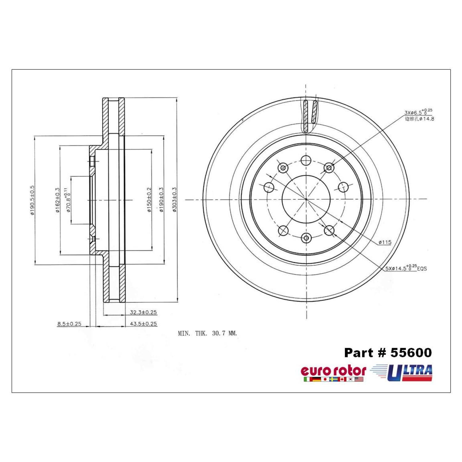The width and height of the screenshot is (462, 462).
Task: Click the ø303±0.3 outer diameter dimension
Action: pyautogui.click(x=174, y=200)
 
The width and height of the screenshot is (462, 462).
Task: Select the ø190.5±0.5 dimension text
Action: pyautogui.click(x=32, y=200)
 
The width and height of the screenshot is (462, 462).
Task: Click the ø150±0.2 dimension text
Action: pyautogui.click(x=149, y=200)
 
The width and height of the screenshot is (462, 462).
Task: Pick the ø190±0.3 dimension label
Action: pyautogui.click(x=161, y=200)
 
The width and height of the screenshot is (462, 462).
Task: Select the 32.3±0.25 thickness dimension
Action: pyautogui.click(x=143, y=312)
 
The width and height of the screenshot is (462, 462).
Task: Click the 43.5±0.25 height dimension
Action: pyautogui.click(x=143, y=324)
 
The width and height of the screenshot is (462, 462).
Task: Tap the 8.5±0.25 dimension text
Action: pyautogui.click(x=69, y=324)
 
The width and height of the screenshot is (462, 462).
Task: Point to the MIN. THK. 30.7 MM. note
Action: pyautogui.click(x=208, y=333)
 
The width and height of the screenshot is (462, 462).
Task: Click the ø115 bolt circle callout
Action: pyautogui.click(x=385, y=242)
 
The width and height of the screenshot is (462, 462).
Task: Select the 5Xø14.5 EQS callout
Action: pyautogui.click(x=406, y=268)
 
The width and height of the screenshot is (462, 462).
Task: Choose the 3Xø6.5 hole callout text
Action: pyautogui.click(x=419, y=113)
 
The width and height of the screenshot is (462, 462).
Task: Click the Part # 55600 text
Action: pyautogui.click(x=388, y=353)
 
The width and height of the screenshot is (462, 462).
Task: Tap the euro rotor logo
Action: pyautogui.click(x=333, y=373)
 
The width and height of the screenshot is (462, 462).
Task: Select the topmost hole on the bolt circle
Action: pyautogui.click(x=306, y=160)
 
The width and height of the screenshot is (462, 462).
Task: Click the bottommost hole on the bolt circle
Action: pyautogui.click(x=306, y=238)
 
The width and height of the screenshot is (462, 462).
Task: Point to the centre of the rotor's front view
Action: pyautogui.click(x=306, y=199)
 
